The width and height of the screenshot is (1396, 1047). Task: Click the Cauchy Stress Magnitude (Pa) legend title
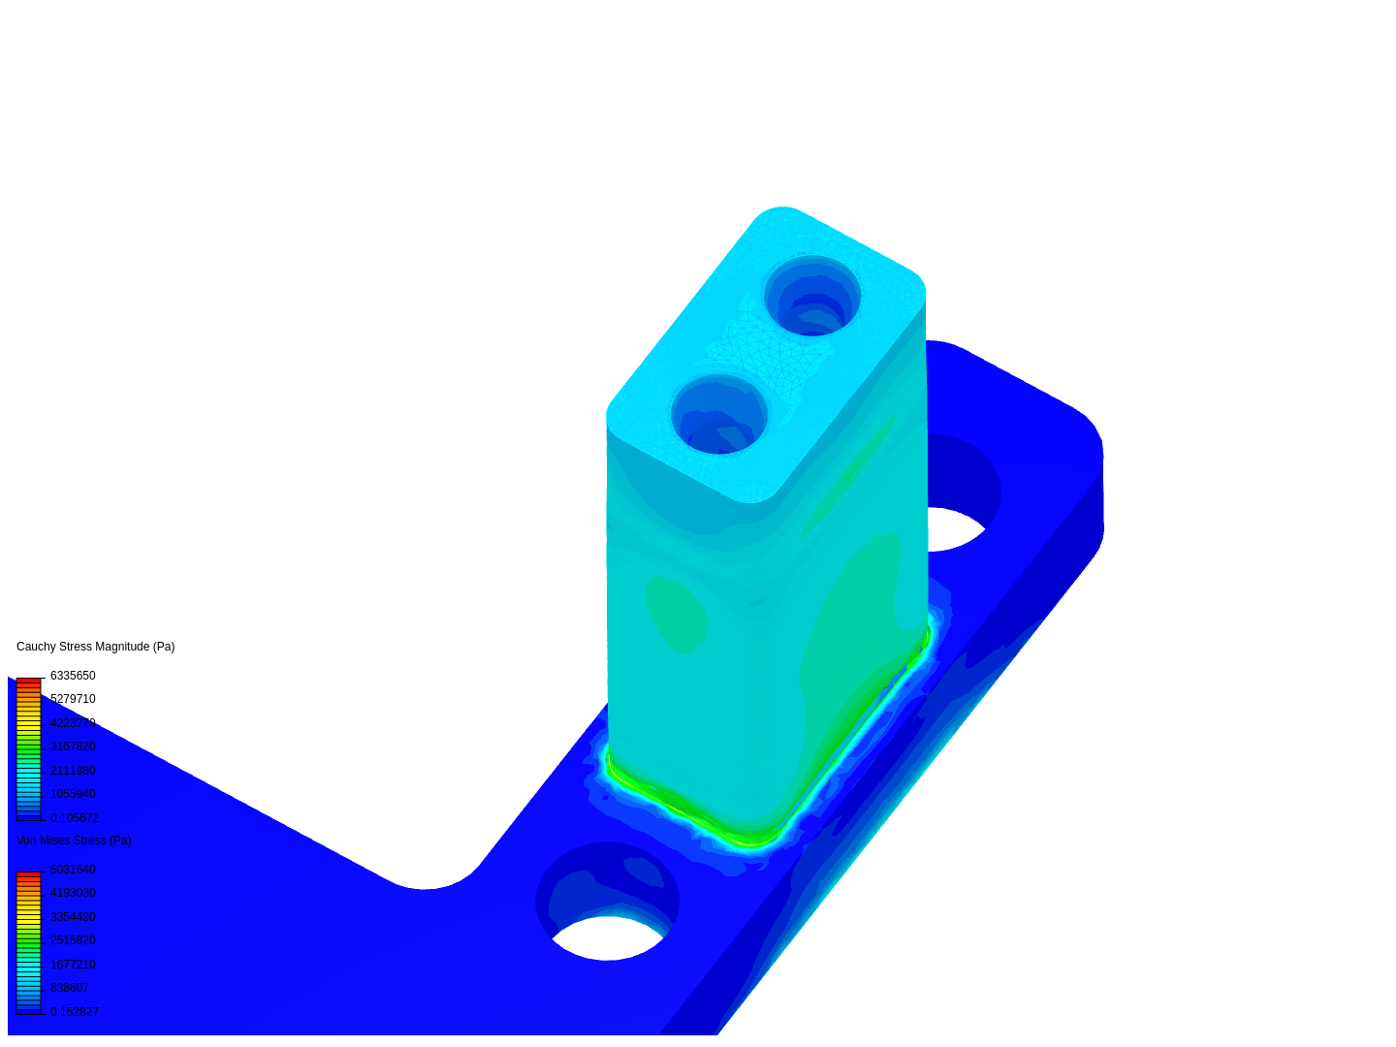95,647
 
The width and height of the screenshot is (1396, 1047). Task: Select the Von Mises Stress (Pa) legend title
74,841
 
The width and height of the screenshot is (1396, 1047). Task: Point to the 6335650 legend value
73,676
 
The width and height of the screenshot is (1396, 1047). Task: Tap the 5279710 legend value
73,699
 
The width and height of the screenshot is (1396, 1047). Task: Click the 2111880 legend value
73,771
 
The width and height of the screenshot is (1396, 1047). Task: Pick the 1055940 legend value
73,794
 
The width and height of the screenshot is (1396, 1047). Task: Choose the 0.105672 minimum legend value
75,818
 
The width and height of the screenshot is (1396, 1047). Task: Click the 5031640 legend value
73,870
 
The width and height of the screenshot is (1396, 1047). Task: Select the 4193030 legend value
73,893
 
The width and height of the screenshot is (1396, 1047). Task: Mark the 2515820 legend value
73,940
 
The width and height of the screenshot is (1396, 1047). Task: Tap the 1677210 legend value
73,965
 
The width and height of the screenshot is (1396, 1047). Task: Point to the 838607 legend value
70,988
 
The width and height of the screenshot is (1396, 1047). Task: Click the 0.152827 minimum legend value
75,1012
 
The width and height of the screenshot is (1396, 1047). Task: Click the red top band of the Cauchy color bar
29,682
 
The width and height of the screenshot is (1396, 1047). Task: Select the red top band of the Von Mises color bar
29,875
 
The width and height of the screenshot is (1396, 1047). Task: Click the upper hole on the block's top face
812,296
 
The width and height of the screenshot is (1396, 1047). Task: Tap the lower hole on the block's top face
719,415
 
